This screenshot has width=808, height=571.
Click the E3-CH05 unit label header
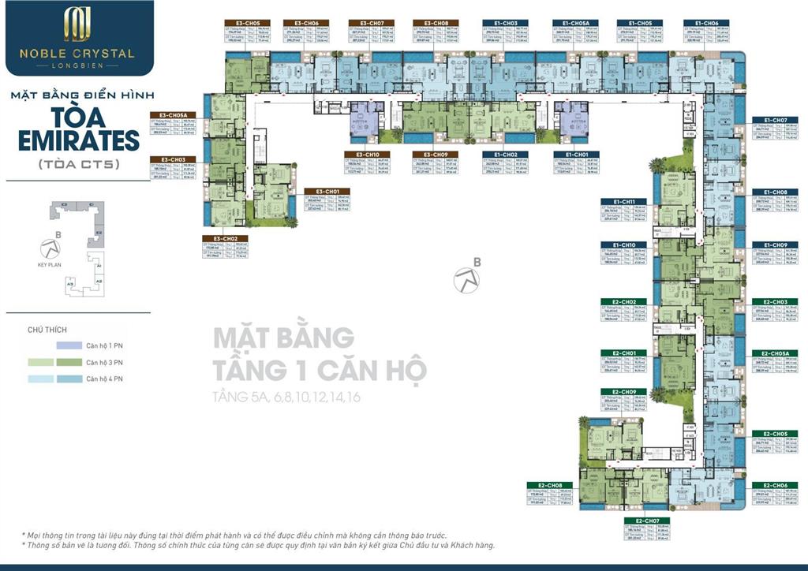[237, 24]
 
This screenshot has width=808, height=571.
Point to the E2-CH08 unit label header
[548, 484]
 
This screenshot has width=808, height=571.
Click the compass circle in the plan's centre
[465, 278]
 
